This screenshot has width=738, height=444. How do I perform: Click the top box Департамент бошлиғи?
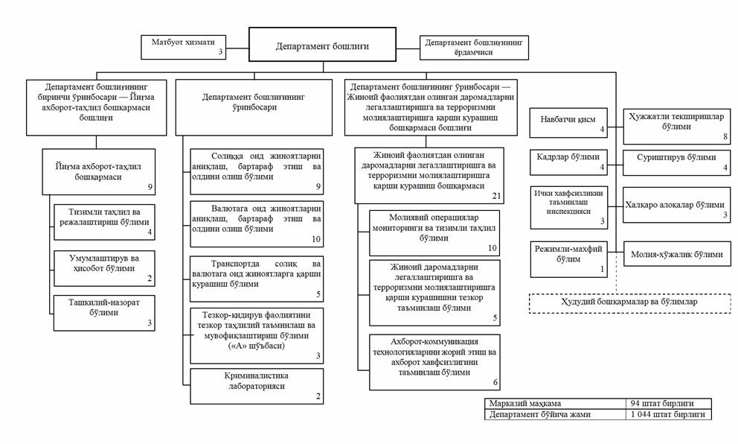(x=322, y=45)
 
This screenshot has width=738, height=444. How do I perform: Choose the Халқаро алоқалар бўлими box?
(x=676, y=209)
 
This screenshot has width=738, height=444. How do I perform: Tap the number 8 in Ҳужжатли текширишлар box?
(x=723, y=136)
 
